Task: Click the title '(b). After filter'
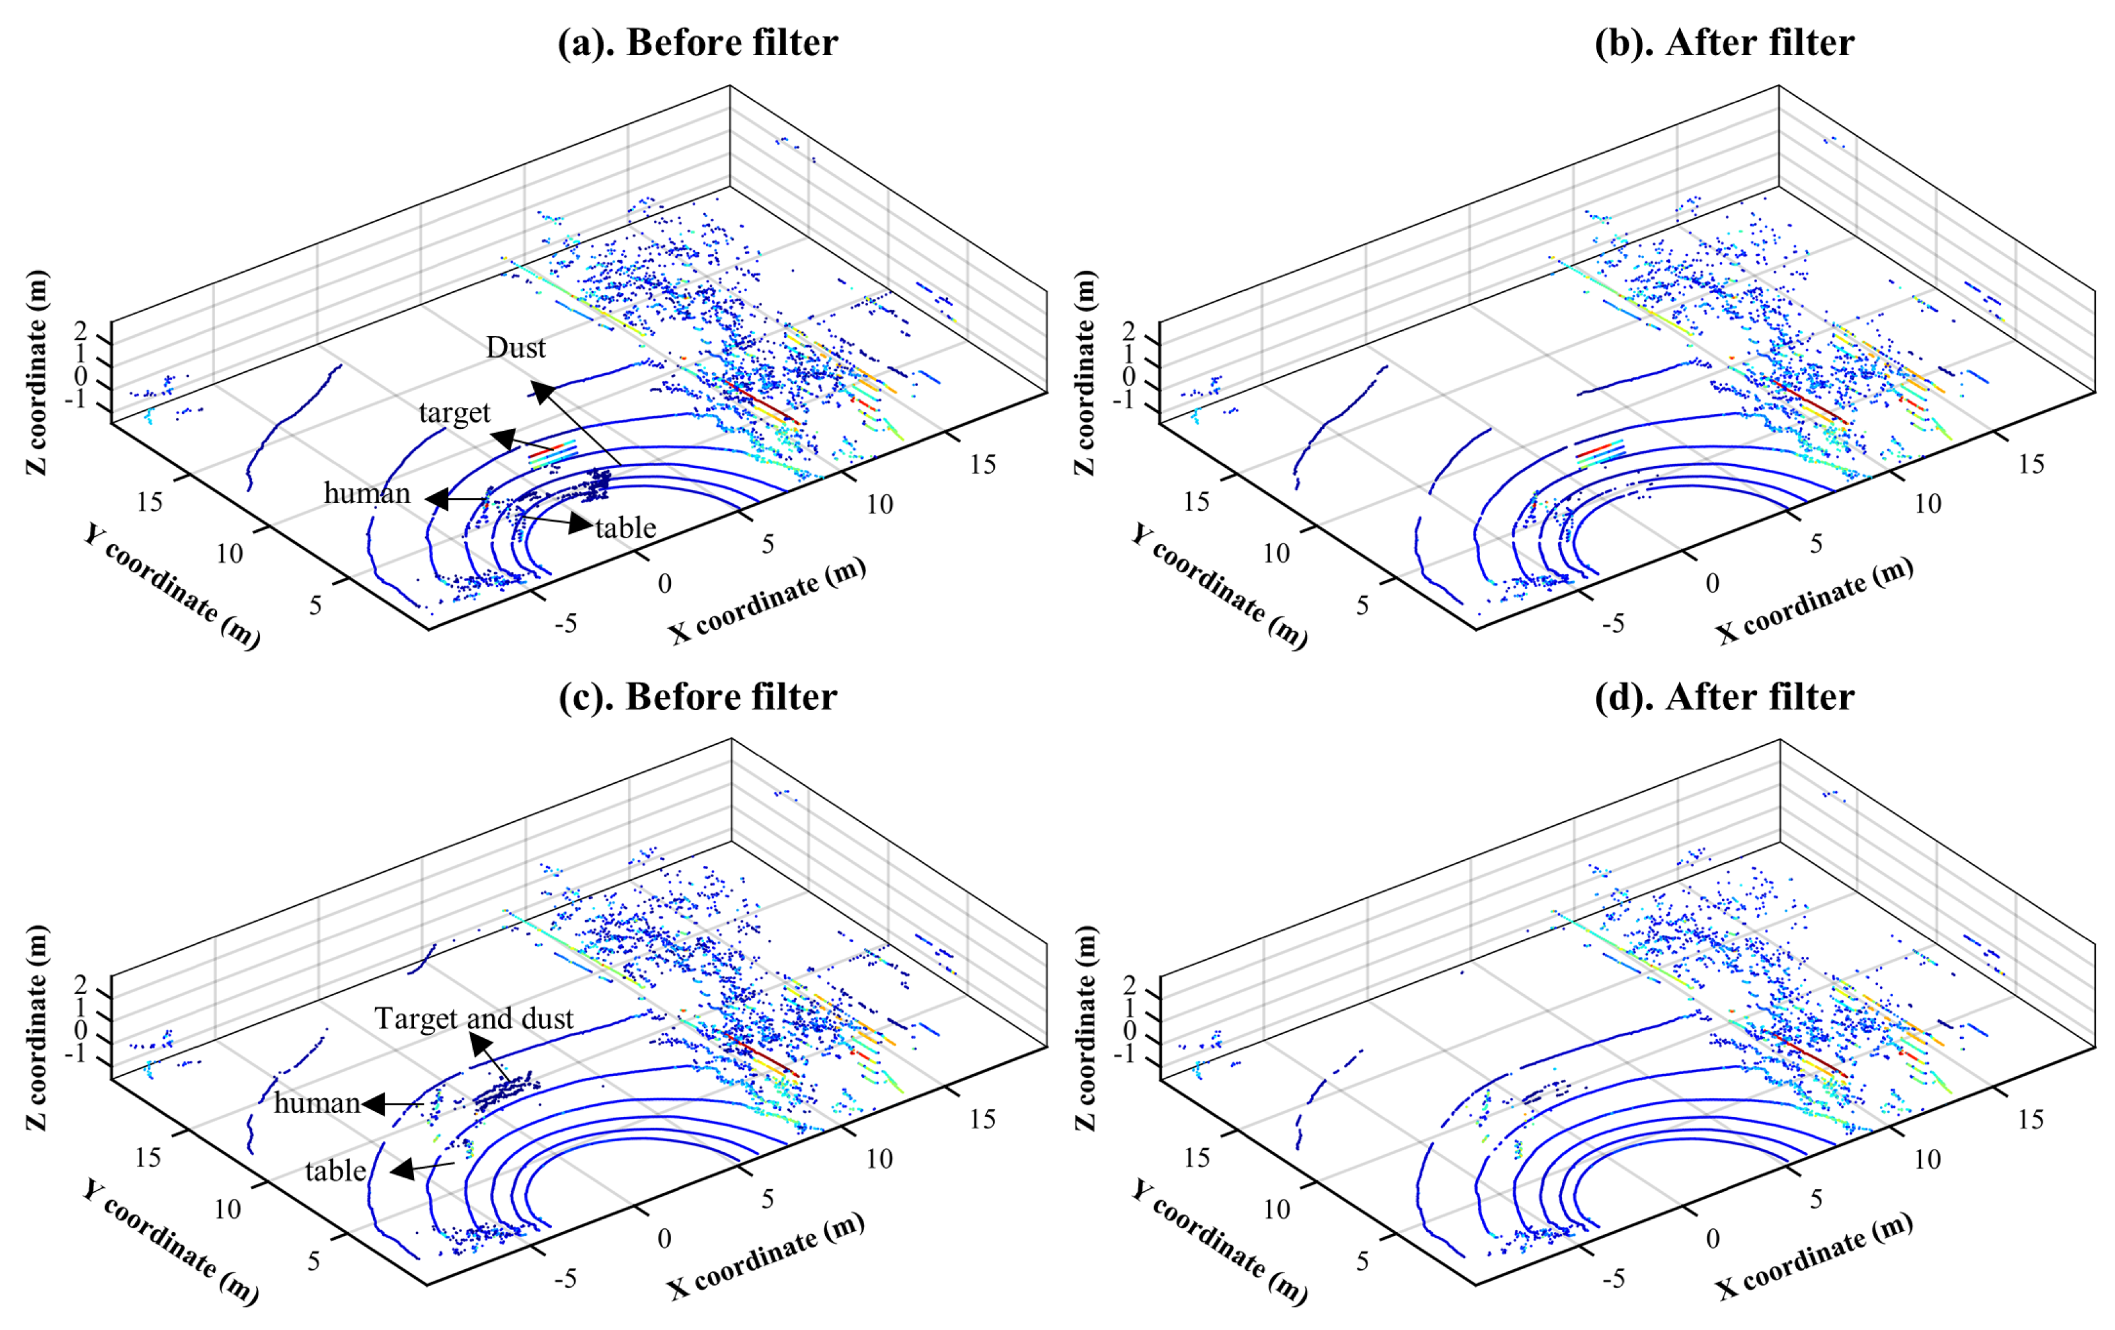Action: tap(1723, 42)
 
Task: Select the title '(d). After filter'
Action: tap(1723, 696)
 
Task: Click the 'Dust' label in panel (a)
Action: tap(515, 348)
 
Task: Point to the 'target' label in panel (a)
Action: tap(454, 413)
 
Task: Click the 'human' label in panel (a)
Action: tap(367, 493)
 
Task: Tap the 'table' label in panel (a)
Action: tap(625, 528)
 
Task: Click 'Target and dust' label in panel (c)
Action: tap(474, 1019)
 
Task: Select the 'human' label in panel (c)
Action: tap(317, 1103)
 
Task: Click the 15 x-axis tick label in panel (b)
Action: tap(2031, 464)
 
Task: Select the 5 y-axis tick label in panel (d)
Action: tap(1362, 1262)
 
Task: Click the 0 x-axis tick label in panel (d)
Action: tap(1712, 1238)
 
